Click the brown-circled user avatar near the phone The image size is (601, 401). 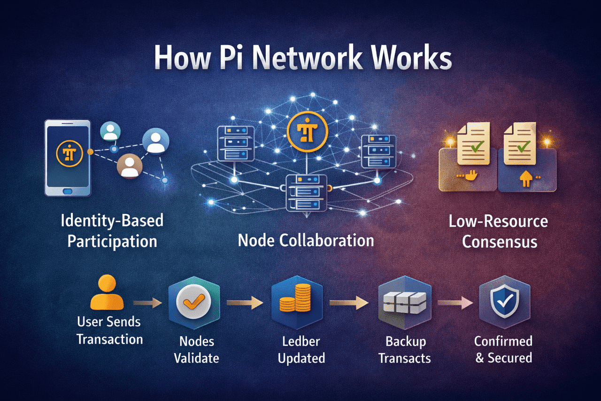pyautogui.click(x=130, y=166)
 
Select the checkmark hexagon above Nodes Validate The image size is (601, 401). pyautogui.click(x=190, y=303)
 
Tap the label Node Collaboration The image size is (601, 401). pyautogui.click(x=306, y=240)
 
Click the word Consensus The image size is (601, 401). pyautogui.click(x=499, y=242)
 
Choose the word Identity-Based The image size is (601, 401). pyautogui.click(x=112, y=221)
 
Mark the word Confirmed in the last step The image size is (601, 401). pyautogui.click(x=503, y=341)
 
